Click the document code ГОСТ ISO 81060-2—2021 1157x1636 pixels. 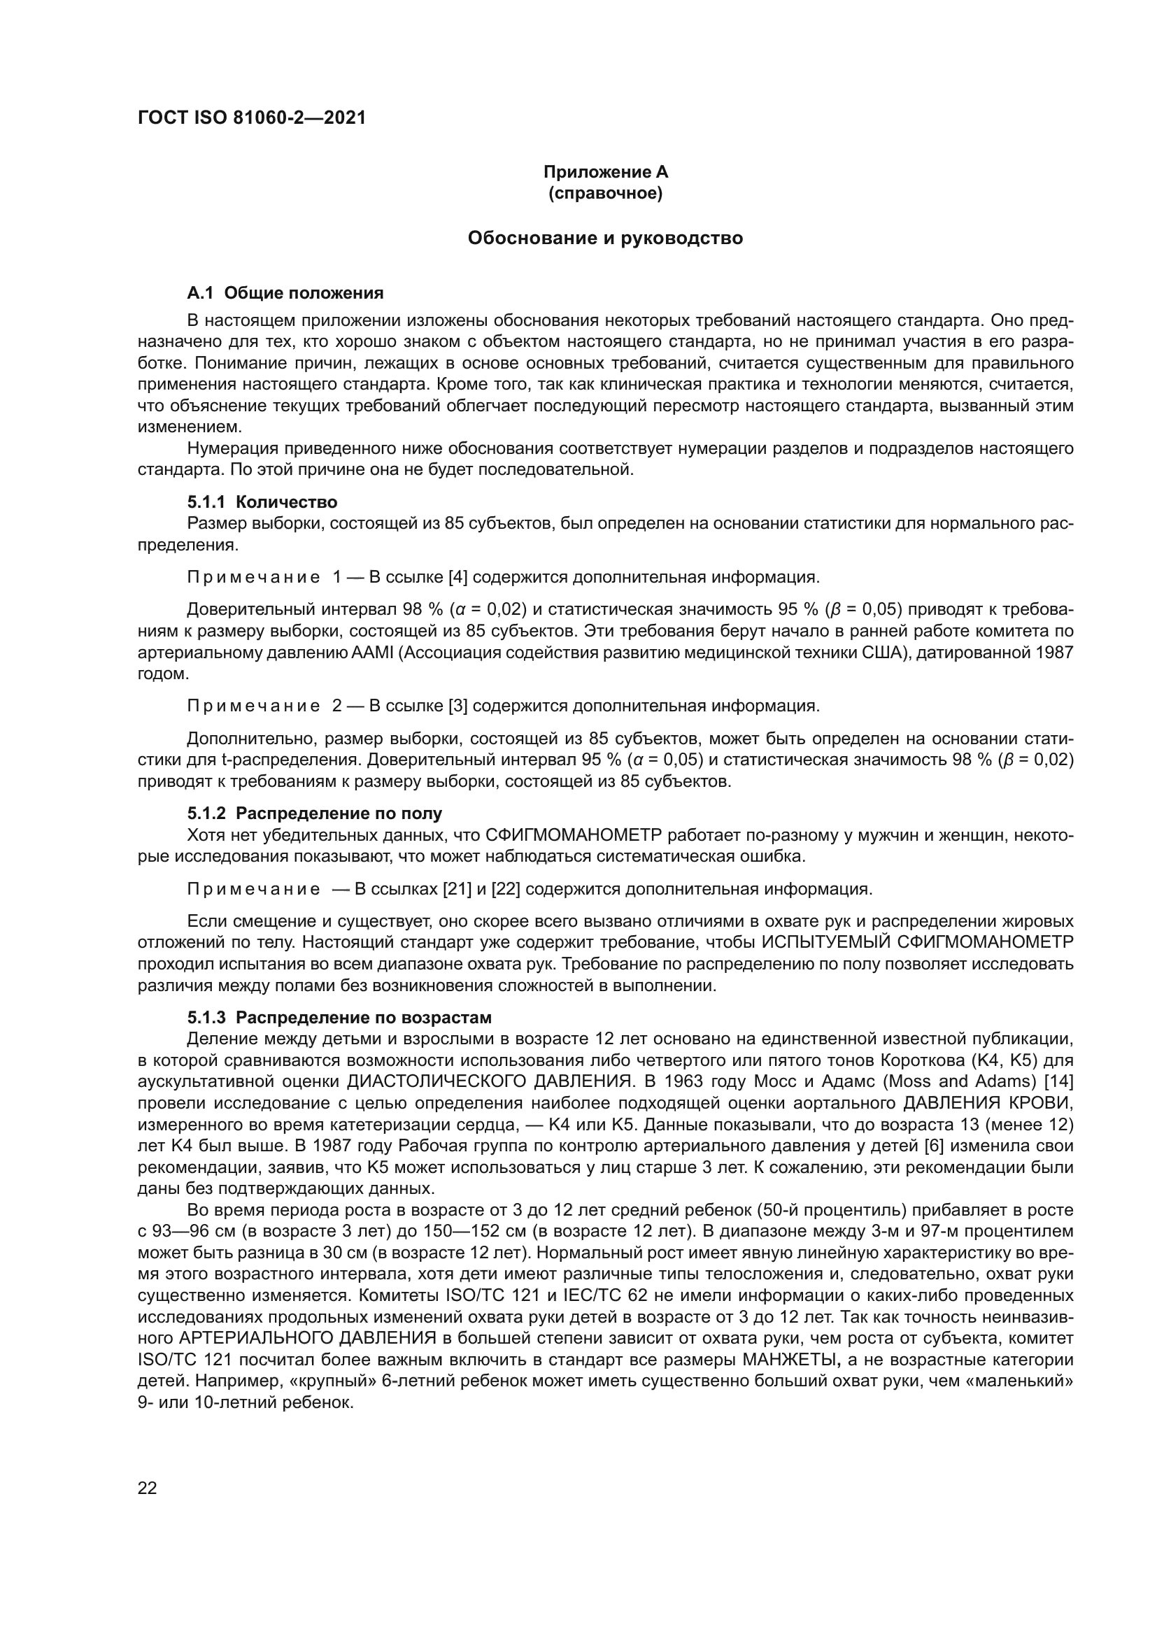252,118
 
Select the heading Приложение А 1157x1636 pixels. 605,172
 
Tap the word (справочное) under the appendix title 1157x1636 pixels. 605,193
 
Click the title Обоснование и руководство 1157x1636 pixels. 605,238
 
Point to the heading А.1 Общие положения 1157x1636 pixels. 285,293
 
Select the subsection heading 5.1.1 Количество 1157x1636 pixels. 262,502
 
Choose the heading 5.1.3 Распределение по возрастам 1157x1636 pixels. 339,1017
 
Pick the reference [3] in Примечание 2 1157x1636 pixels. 458,706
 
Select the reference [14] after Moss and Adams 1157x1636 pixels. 1058,1081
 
